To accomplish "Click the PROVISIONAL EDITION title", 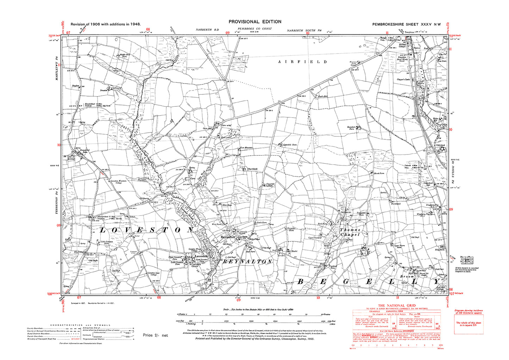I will (255, 22).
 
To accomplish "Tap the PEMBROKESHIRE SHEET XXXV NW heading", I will (406, 24).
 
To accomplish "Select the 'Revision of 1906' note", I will (106, 24).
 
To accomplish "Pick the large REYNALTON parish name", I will (248, 262).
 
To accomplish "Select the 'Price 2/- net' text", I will (155, 335).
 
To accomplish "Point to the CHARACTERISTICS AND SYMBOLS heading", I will (80, 325).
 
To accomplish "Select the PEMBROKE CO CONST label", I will (254, 29).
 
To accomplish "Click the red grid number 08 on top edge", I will (148, 30).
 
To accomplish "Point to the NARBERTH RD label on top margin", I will (207, 30).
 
